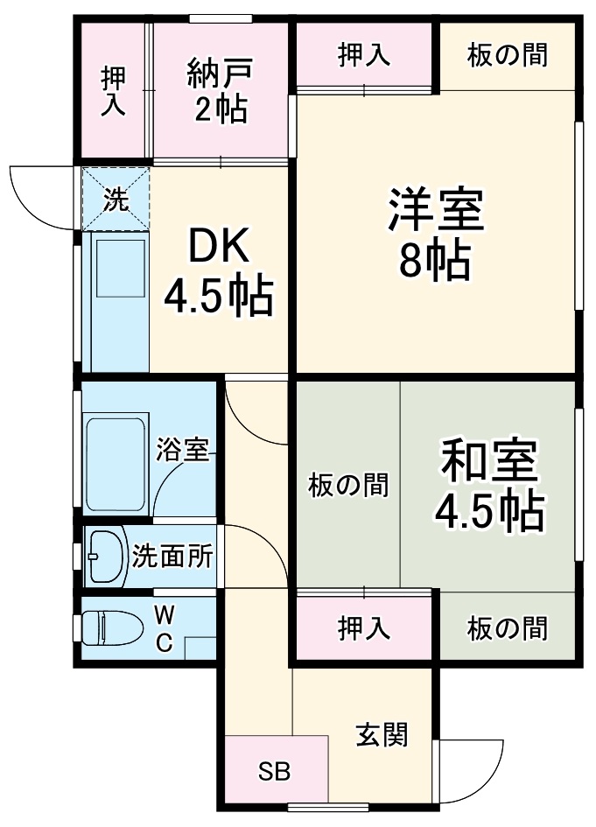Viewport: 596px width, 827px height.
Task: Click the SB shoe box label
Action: point(274,772)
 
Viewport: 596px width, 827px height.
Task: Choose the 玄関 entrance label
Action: point(382,734)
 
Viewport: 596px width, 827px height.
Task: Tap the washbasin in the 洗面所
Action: point(105,556)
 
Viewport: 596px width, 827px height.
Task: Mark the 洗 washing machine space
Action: point(116,200)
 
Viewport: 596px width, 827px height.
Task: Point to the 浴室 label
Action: point(182,452)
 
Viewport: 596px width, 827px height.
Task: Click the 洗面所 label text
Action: point(172,556)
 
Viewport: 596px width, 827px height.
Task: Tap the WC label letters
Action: point(164,627)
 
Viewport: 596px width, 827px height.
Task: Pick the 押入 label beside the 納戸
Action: point(113,91)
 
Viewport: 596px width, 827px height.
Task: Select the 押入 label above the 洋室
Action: point(364,54)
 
